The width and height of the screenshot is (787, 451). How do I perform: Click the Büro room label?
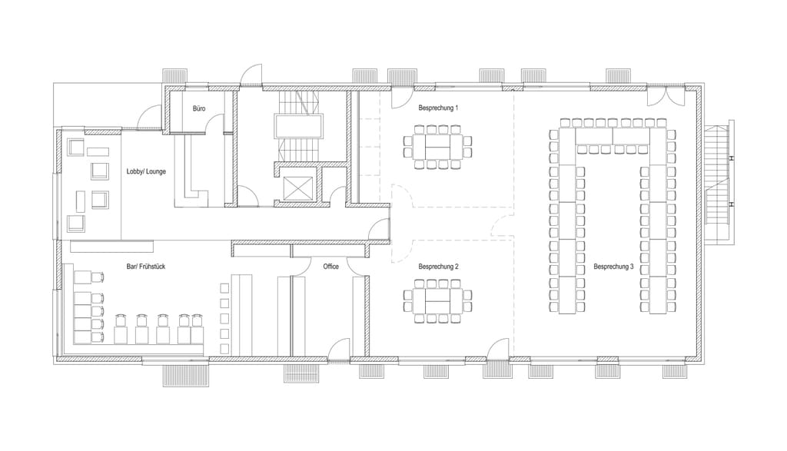point(199,108)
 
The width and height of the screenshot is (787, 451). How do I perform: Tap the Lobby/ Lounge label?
point(146,171)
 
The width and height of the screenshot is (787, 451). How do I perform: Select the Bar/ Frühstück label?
point(146,267)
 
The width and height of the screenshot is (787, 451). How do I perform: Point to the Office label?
point(330,267)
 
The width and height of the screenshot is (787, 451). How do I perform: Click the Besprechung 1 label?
point(438,108)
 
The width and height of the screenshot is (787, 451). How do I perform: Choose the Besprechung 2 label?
point(438,267)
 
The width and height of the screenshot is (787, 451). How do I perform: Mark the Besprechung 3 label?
point(613,267)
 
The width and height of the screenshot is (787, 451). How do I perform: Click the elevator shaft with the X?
point(297,189)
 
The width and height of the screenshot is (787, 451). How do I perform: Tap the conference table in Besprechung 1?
point(438,146)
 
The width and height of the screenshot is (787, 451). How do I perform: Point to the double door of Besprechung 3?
point(665,97)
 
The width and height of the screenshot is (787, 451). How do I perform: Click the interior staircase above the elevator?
point(297,125)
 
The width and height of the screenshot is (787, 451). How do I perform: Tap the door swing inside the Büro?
point(216,123)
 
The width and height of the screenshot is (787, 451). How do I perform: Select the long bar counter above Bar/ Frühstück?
point(111,246)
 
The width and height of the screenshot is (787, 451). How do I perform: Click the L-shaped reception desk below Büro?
point(191,173)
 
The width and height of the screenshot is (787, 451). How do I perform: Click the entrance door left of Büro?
point(149,118)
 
